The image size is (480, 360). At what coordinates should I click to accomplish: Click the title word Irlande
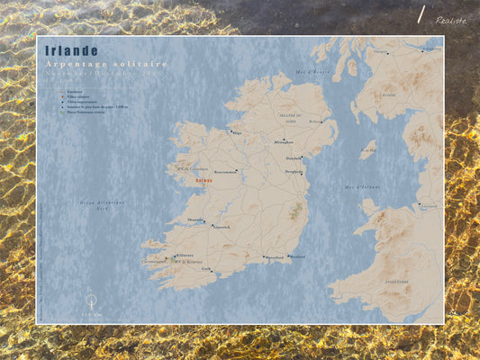click(72, 51)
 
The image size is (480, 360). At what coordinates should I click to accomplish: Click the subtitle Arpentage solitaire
click(106, 64)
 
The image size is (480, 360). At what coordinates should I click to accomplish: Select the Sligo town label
click(237, 132)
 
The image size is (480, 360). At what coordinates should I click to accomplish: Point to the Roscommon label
click(226, 171)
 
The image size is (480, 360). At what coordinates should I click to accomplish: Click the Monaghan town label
click(284, 142)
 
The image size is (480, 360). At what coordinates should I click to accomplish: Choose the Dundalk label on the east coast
click(294, 158)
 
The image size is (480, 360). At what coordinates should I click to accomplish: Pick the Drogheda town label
click(294, 172)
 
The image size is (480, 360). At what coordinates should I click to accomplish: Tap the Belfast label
click(315, 121)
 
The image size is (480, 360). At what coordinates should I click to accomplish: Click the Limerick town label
click(222, 227)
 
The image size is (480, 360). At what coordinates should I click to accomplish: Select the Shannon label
click(195, 220)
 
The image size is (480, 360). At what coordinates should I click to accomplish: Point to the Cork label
click(206, 268)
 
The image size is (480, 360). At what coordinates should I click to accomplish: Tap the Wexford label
click(298, 256)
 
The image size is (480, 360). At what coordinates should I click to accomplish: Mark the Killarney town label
click(185, 255)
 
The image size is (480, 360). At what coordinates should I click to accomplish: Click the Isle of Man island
click(367, 149)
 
